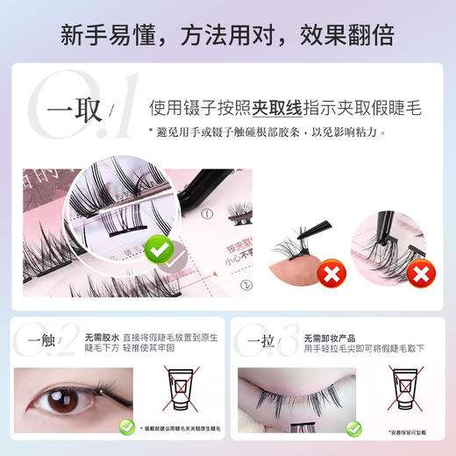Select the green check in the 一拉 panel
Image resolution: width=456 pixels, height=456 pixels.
353,429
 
